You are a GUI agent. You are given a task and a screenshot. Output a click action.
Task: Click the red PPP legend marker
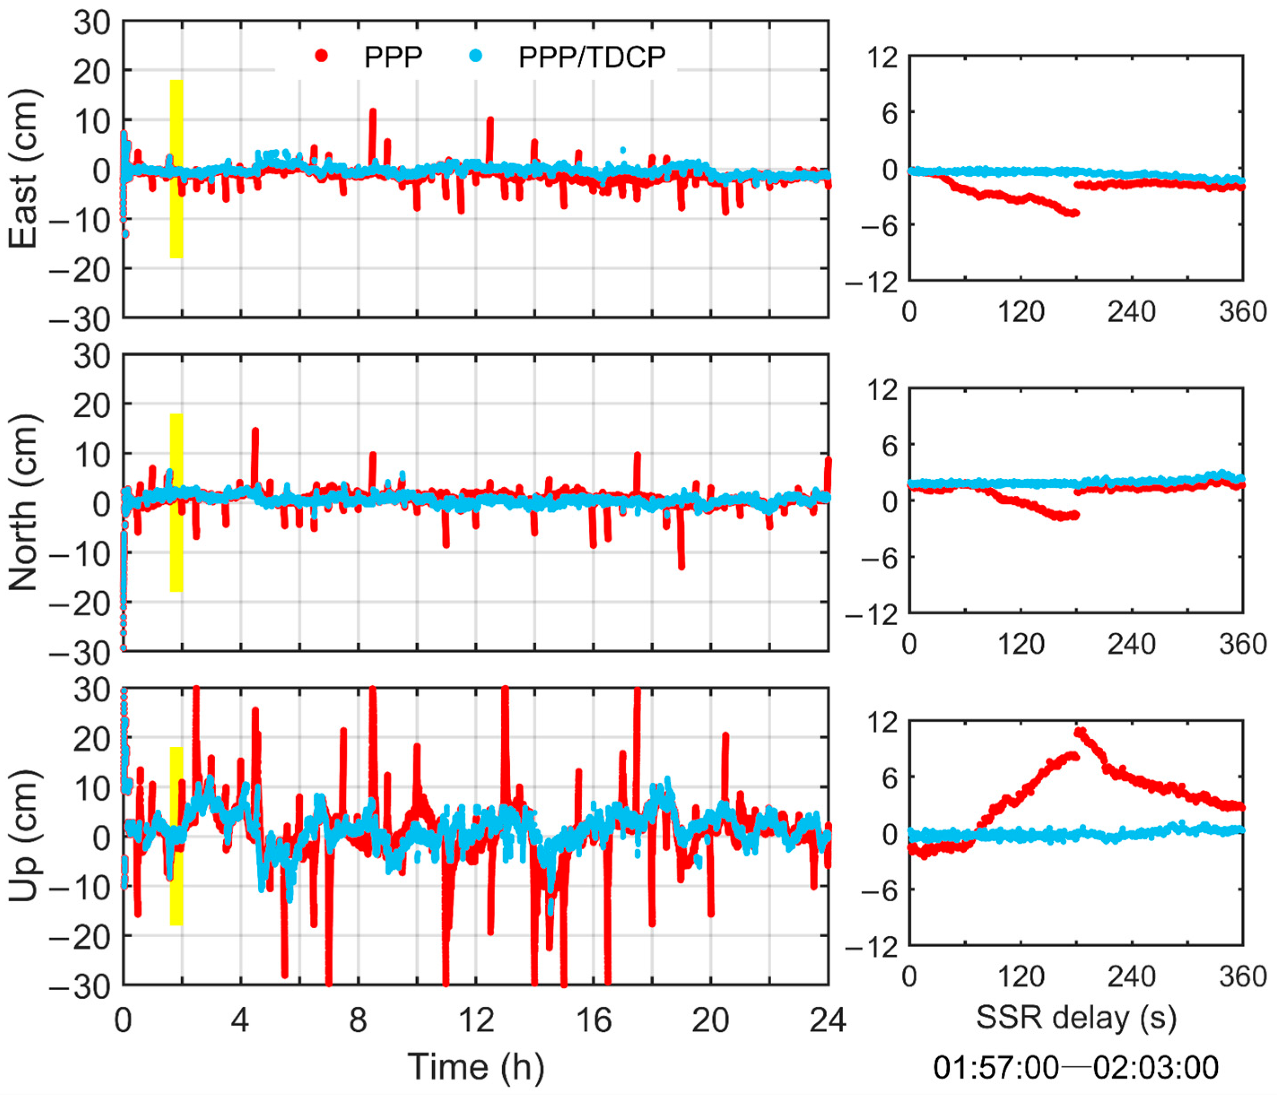tap(321, 56)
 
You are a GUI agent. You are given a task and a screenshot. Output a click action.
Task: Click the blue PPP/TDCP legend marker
tap(475, 56)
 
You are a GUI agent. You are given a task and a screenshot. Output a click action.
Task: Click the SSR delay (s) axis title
tap(1076, 1017)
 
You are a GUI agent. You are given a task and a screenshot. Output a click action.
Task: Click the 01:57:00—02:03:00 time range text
tap(1076, 1067)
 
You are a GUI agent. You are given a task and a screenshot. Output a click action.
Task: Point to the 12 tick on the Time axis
tap(476, 1020)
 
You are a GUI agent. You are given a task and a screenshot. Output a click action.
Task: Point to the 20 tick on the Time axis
tap(711, 1020)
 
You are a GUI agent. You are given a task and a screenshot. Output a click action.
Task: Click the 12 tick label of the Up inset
tap(882, 722)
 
